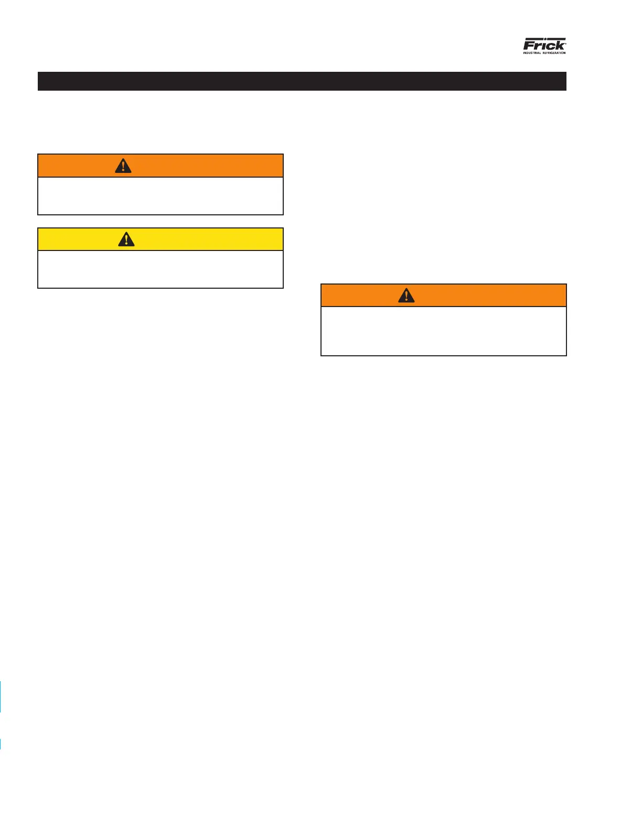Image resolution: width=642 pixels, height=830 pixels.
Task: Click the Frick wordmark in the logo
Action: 544,45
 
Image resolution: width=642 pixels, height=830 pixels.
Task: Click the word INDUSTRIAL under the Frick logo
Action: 532,53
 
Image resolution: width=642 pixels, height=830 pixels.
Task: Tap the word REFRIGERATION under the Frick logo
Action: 554,53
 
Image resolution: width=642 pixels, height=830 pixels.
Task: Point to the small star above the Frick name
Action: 545,39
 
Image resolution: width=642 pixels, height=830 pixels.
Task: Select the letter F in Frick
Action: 529,46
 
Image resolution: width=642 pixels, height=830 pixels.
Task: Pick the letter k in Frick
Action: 559,46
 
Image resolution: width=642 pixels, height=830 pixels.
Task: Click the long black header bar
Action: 302,81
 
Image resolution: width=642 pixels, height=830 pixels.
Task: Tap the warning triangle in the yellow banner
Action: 126,239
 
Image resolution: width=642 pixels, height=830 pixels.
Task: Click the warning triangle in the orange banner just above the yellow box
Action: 123,166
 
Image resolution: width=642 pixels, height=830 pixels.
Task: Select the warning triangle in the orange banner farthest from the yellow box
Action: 406,296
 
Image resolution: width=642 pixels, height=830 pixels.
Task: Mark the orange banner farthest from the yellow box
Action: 483,296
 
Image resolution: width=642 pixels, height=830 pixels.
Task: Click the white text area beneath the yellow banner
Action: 160,269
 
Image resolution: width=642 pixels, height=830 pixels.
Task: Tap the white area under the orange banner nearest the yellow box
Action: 160,196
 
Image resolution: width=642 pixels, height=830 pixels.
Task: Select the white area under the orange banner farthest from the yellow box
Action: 444,331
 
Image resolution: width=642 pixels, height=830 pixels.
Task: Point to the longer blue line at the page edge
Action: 1,697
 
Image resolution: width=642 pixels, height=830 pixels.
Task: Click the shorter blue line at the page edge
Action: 1,744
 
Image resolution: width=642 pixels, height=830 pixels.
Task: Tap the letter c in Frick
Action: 550,46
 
